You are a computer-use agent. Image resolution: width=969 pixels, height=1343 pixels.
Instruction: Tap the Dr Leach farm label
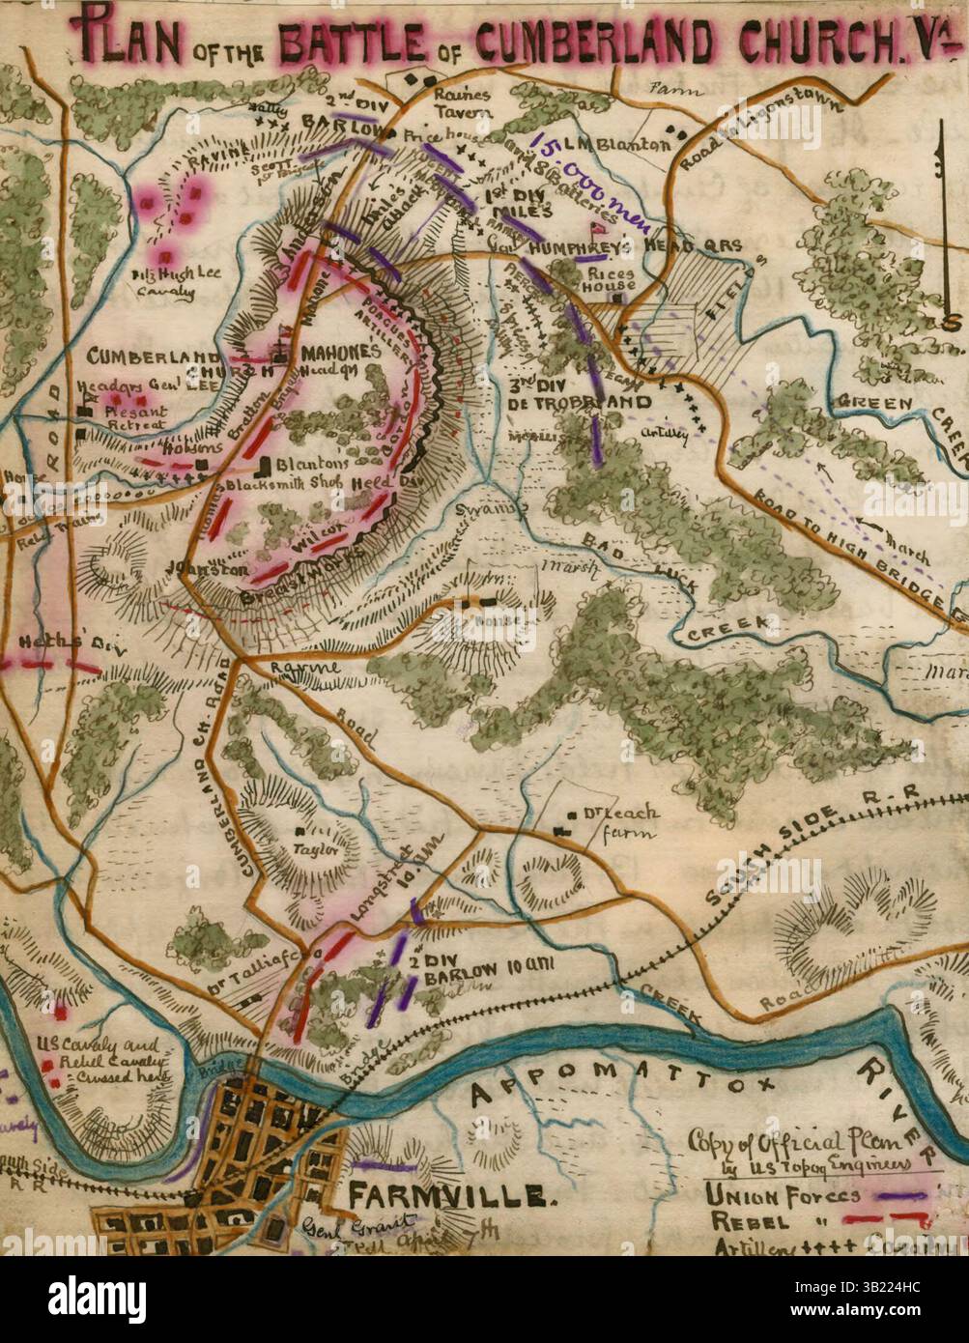[616, 823]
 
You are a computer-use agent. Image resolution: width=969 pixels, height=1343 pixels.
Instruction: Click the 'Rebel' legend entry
[746, 1221]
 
